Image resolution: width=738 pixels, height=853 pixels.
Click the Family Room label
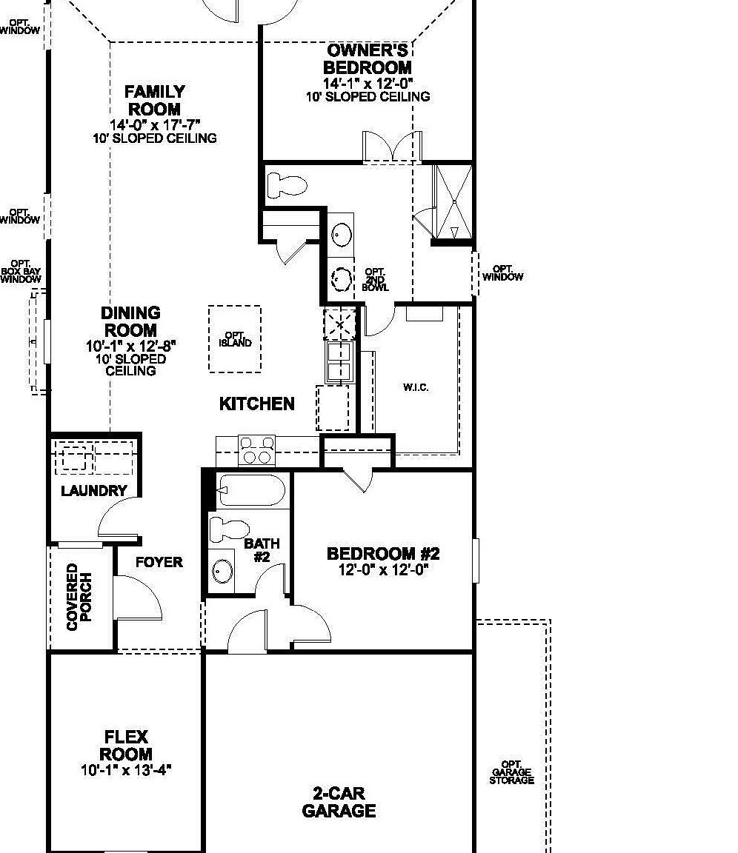(x=154, y=101)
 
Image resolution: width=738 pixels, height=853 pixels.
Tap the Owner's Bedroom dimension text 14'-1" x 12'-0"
(x=368, y=84)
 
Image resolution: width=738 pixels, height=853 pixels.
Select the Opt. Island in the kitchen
(x=235, y=339)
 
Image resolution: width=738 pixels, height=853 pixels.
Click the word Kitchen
(x=257, y=404)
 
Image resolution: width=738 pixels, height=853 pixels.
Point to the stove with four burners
(x=256, y=450)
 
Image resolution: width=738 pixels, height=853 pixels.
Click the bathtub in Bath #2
(x=251, y=490)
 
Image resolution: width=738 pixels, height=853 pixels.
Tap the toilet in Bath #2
(x=229, y=529)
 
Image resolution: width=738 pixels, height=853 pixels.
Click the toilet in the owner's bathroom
(x=287, y=184)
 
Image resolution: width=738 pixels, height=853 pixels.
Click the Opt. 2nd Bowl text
(x=376, y=279)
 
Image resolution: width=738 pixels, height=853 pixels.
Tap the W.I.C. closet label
(x=416, y=387)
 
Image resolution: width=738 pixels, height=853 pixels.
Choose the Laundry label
(x=94, y=490)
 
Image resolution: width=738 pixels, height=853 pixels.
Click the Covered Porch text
(x=79, y=597)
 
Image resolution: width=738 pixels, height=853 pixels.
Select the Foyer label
(x=159, y=562)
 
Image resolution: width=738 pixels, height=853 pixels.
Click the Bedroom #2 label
(x=383, y=554)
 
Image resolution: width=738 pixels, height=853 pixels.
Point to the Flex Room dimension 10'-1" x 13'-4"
(x=126, y=769)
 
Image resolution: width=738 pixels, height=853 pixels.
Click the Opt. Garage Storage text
(x=511, y=772)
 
